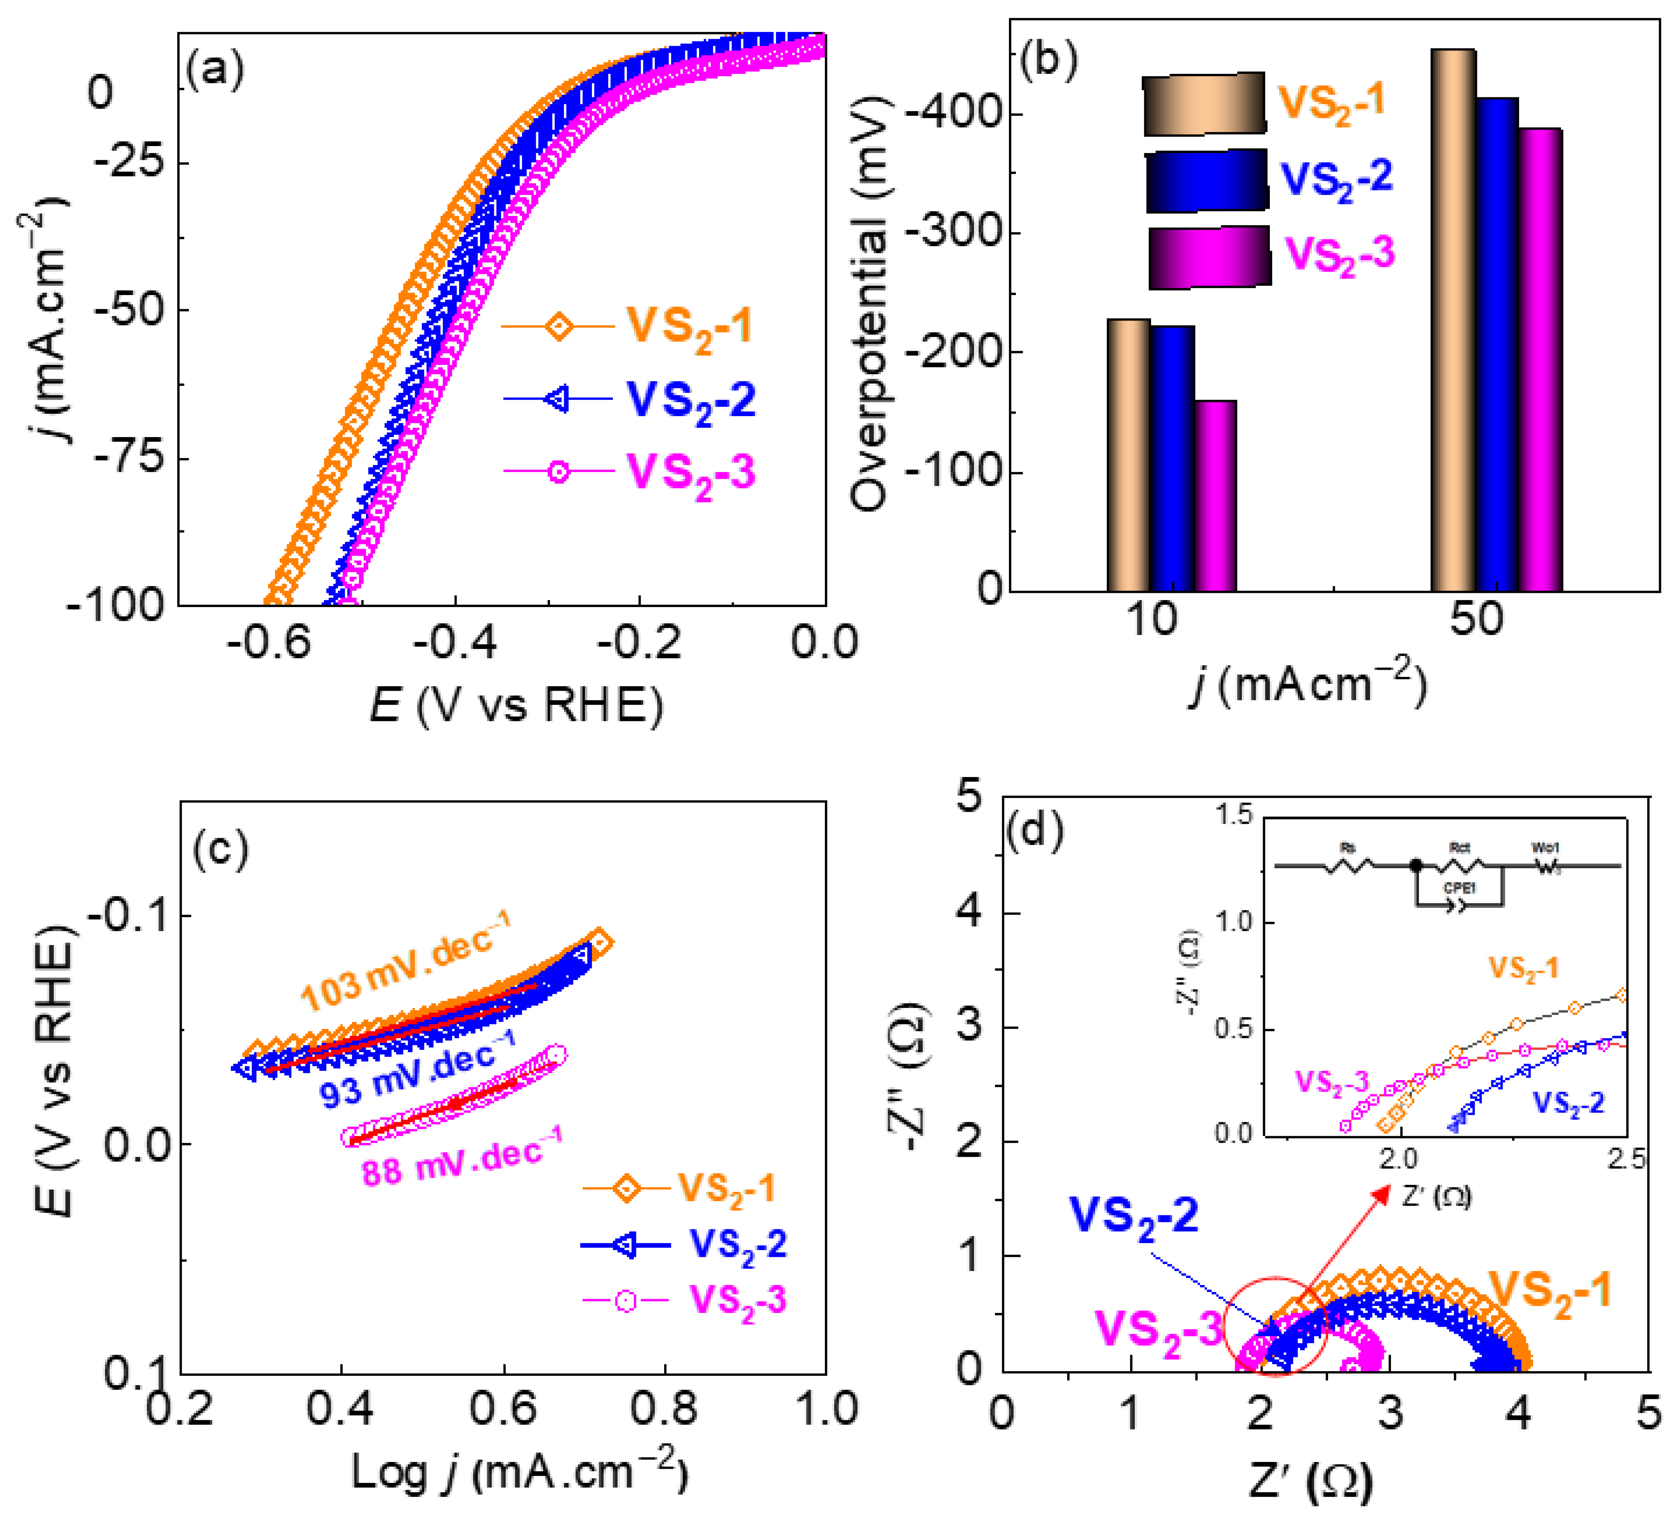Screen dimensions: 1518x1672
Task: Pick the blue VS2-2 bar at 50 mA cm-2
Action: [1497, 344]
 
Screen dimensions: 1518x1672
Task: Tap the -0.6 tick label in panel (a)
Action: [268, 643]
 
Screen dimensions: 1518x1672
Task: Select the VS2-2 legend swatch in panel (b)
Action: [1207, 180]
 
